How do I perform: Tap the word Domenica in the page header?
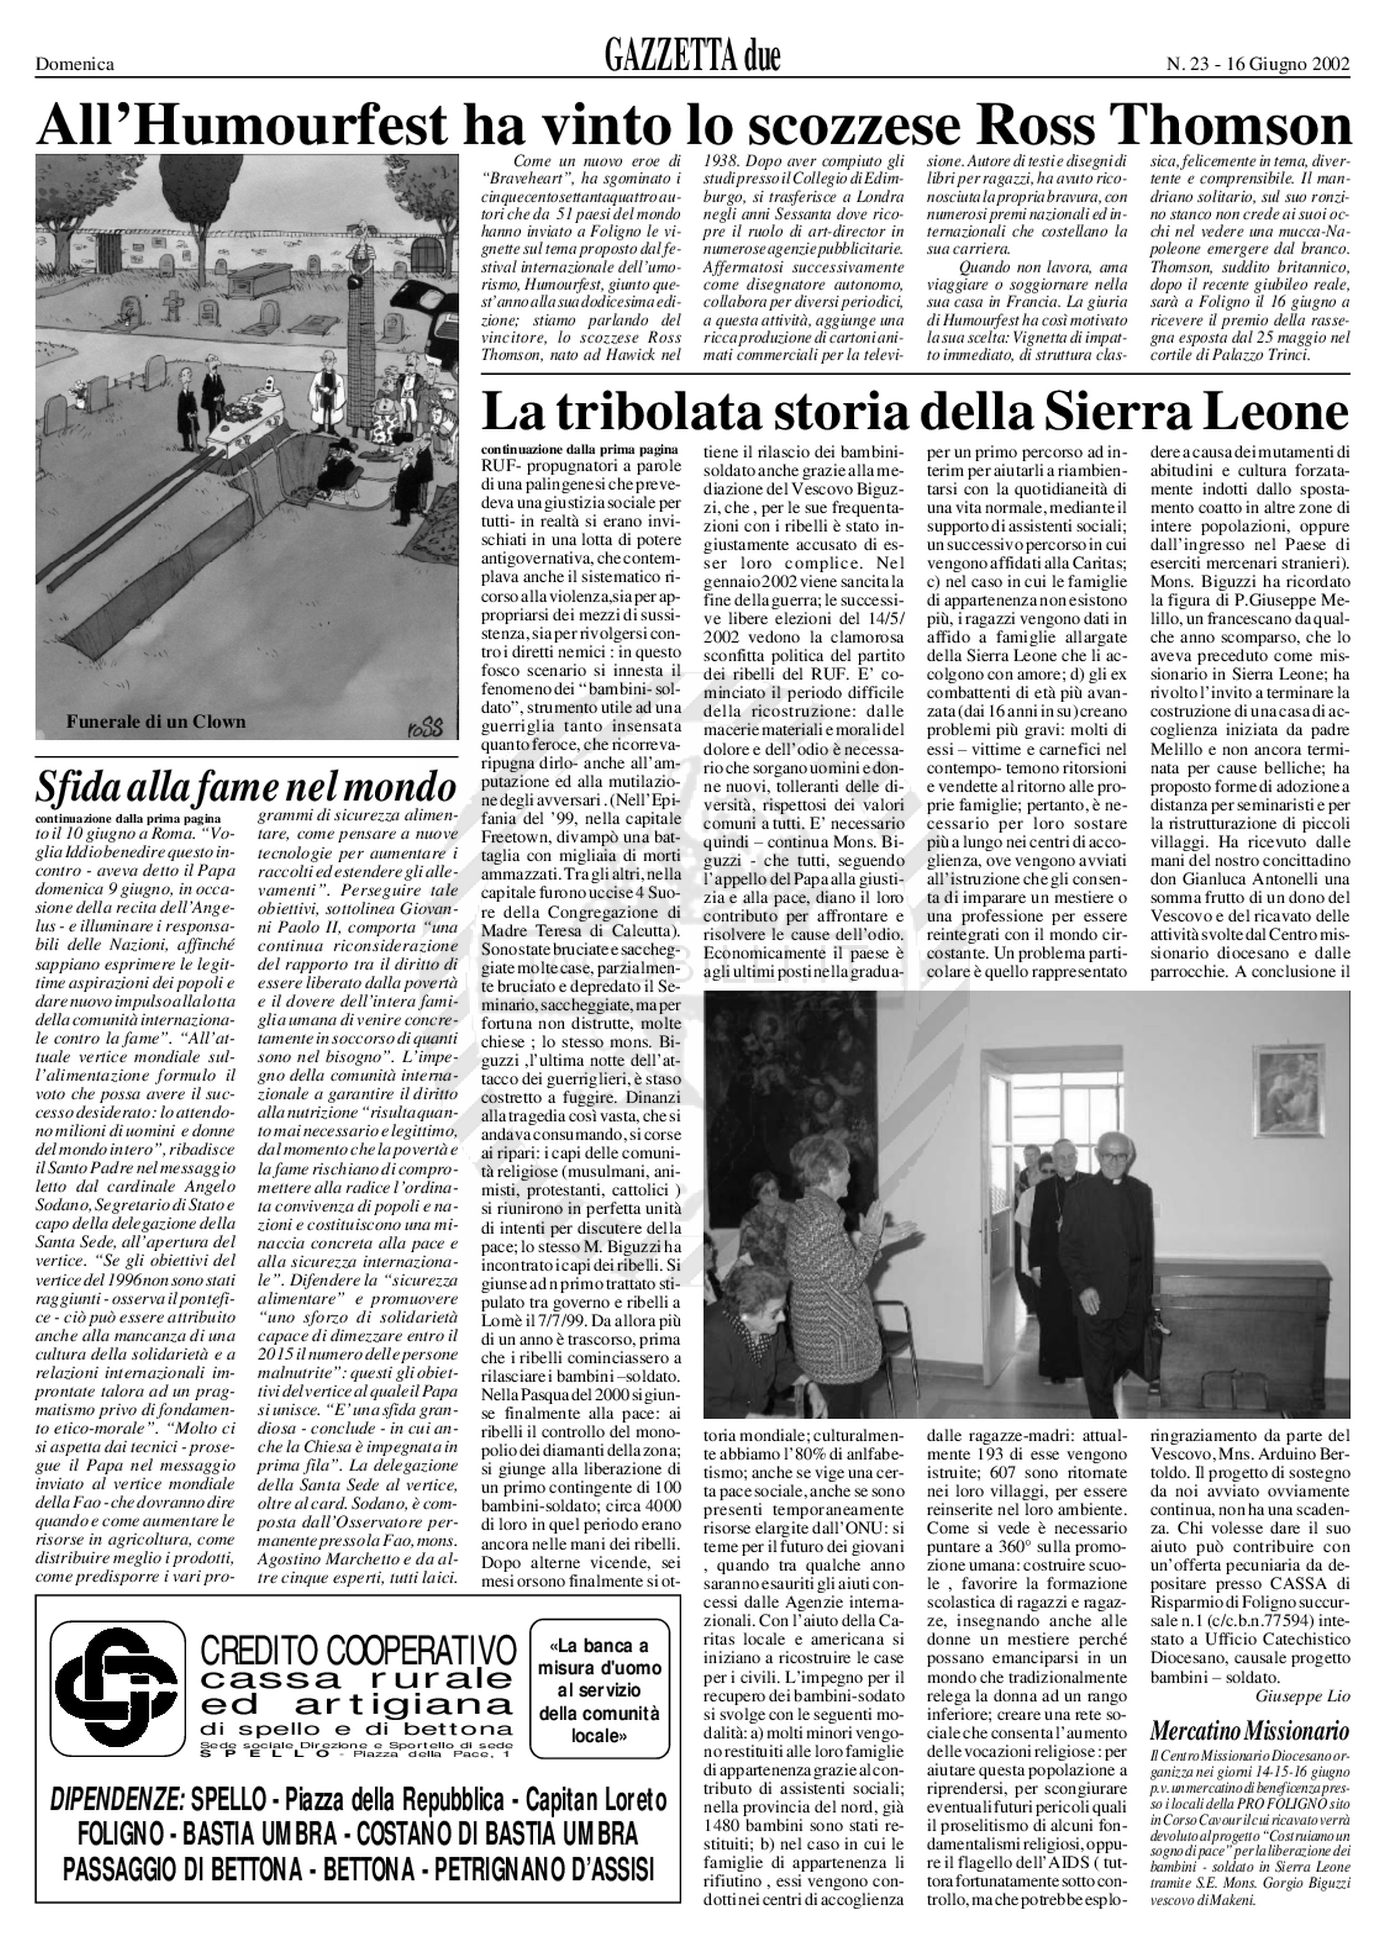pos(74,64)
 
